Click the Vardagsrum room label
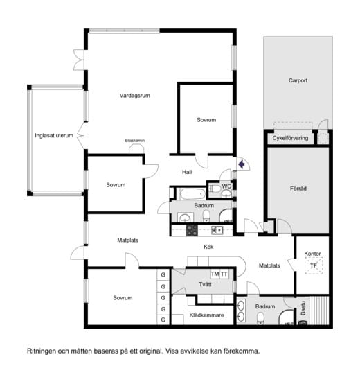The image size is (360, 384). coord(135,96)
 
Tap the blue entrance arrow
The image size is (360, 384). coord(242,164)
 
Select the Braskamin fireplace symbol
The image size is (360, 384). coord(136,149)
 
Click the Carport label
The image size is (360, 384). coord(298,80)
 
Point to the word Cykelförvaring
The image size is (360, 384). coord(290,138)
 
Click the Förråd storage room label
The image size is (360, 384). coord(298,189)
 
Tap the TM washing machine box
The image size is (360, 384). coord(215,274)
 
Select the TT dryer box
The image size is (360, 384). coord(224,274)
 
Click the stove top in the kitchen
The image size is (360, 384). coord(192,230)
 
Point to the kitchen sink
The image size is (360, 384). coord(217,230)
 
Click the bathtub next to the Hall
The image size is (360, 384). coord(192,193)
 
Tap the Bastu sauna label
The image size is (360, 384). coord(303,308)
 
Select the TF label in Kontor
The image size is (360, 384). coord(314,265)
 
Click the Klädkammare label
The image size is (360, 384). coord(207,315)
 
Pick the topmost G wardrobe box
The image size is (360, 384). coord(163,274)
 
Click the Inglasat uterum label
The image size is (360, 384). coord(54,135)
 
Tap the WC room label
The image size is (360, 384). coord(226,186)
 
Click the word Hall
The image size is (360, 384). coord(187,172)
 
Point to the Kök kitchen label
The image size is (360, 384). coord(208,247)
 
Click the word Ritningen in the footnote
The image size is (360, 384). coord(42,351)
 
